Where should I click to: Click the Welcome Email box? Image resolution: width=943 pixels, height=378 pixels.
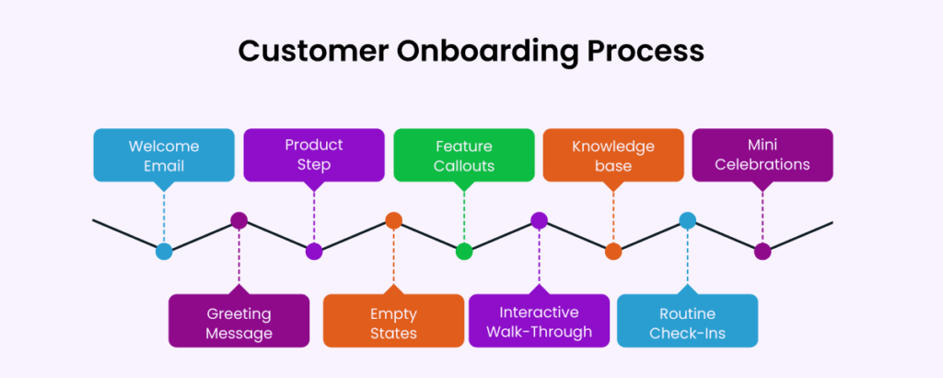(164, 155)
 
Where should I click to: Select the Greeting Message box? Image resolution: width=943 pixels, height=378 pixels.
(239, 320)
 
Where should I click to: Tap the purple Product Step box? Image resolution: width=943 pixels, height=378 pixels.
(314, 155)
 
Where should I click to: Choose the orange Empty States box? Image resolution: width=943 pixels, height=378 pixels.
(393, 320)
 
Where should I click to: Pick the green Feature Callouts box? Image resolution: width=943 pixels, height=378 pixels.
(464, 155)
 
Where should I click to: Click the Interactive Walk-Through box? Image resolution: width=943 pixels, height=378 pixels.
(539, 320)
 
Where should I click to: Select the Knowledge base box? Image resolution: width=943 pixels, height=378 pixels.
(613, 155)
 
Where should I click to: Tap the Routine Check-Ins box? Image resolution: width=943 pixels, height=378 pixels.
(687, 320)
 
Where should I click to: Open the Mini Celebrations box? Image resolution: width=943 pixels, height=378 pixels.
(763, 155)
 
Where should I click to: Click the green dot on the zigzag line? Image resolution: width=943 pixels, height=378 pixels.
(464, 251)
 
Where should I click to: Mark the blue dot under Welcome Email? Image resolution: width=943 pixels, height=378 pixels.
(164, 251)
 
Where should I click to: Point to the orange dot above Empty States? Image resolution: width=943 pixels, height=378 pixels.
(393, 220)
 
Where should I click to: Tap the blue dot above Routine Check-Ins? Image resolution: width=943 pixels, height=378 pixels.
(687, 220)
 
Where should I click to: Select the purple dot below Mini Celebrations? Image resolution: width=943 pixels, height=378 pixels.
(763, 251)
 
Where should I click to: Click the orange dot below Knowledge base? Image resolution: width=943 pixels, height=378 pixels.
(613, 251)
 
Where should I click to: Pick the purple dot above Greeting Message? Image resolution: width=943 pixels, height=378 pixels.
(239, 220)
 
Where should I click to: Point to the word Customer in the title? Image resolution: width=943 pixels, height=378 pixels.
(306, 50)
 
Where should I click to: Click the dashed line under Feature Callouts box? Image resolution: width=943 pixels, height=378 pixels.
(464, 217)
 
